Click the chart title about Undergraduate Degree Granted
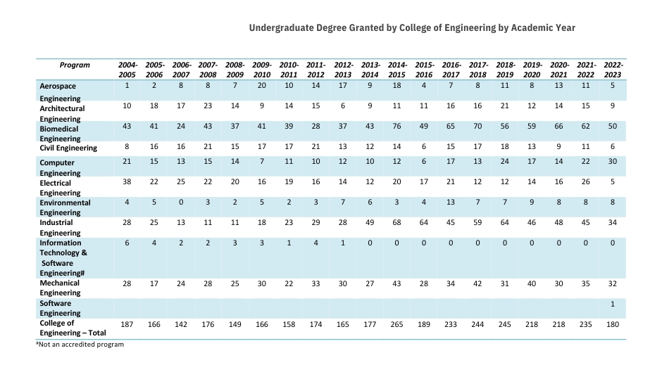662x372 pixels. click(x=412, y=28)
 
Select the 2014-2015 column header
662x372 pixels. click(x=397, y=70)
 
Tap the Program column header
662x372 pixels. click(x=75, y=65)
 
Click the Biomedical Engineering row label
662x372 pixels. click(x=60, y=134)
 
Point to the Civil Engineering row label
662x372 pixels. click(x=68, y=148)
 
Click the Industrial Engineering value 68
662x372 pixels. click(x=397, y=222)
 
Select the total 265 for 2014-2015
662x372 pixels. click(x=397, y=325)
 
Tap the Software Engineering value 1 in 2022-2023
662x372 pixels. click(x=613, y=304)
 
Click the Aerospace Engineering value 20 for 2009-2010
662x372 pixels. click(x=262, y=85)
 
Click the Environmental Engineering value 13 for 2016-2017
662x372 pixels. click(x=451, y=203)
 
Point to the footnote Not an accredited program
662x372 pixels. click(x=80, y=345)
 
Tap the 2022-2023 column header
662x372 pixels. click(x=613, y=70)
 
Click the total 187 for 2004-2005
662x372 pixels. click(x=127, y=325)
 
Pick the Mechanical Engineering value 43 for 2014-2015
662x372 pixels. click(x=397, y=283)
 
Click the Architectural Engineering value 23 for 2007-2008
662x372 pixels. click(x=208, y=105)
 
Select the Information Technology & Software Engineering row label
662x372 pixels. click(x=63, y=257)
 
